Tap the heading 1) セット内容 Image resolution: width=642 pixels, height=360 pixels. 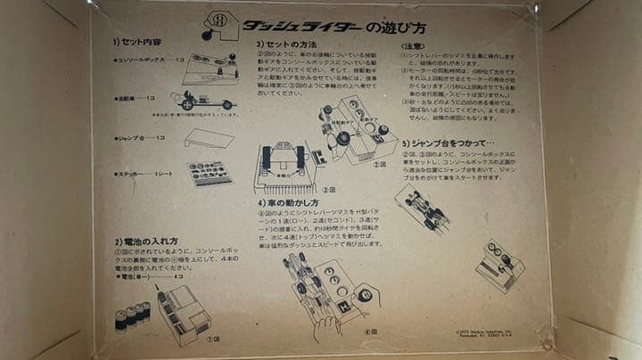coord(139,42)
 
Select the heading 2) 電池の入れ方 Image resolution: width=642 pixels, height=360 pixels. coord(146,241)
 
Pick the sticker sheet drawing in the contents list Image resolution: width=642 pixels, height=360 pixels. coord(209,172)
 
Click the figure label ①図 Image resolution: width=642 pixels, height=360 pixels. coord(211,339)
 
